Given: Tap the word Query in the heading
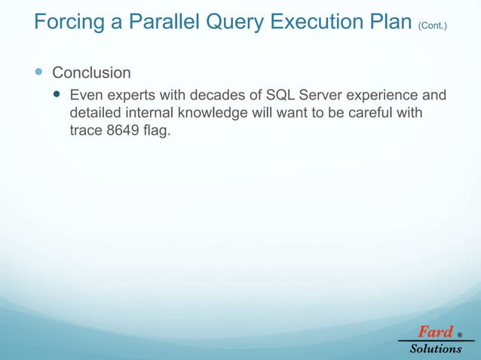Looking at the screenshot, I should (233, 23).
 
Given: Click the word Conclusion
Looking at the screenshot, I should (91, 73).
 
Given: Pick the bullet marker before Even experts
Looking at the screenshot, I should (58, 96).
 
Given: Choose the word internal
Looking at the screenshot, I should (143, 113).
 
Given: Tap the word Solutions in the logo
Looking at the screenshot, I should (436, 349).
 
